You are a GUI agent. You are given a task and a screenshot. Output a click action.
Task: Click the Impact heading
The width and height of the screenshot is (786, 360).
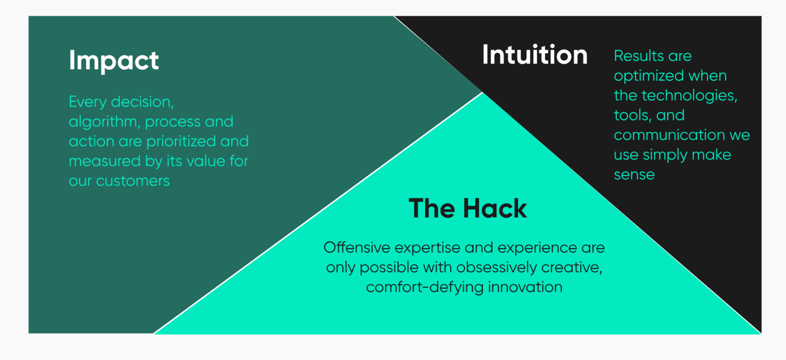pos(114,61)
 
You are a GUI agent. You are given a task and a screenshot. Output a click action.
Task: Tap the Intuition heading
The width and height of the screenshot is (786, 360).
pos(535,54)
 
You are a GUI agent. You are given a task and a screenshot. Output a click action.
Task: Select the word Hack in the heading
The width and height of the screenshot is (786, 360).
pos(495,209)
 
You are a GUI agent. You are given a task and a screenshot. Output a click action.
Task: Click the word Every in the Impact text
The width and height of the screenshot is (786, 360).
pos(87,102)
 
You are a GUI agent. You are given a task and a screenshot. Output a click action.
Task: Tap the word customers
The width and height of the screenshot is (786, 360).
pos(133,181)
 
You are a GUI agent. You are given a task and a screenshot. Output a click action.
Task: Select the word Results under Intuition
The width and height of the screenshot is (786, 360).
pos(636,56)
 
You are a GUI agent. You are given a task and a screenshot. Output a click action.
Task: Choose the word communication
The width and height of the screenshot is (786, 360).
pos(669,135)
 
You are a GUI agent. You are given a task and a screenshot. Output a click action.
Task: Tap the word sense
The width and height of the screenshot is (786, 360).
pos(634,175)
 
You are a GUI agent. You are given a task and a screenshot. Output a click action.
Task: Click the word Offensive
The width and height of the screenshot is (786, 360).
pos(357,248)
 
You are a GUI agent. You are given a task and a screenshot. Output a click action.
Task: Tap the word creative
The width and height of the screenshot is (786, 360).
pos(571,268)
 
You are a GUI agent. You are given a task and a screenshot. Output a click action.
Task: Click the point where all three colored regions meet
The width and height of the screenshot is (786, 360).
pos(483,92)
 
